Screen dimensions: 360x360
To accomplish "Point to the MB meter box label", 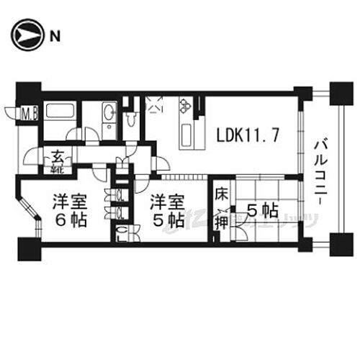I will [x=29, y=112].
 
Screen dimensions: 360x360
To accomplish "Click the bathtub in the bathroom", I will [x=59, y=112].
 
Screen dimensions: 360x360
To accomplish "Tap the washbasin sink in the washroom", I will [x=109, y=112].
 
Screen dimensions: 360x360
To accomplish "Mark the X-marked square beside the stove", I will [x=155, y=105].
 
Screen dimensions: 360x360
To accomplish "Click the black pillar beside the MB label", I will [x=27, y=93].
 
